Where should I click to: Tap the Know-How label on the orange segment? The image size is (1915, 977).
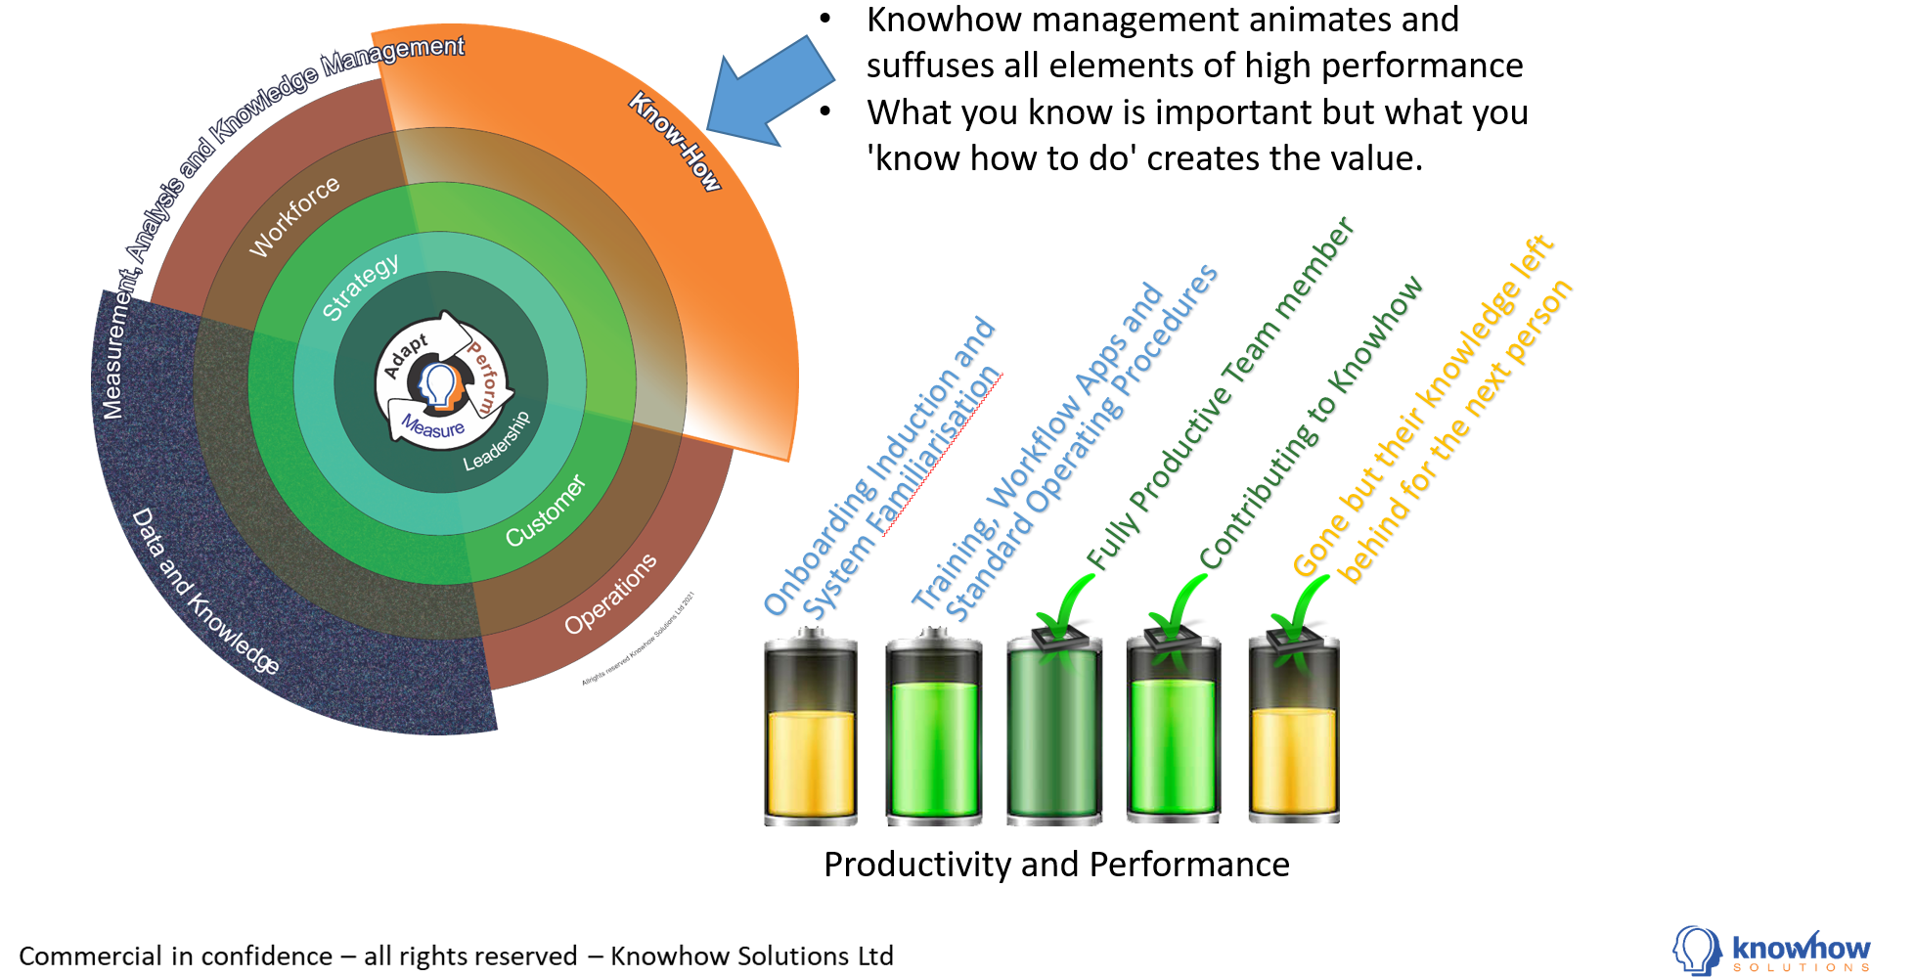[675, 142]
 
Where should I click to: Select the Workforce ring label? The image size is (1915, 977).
[294, 216]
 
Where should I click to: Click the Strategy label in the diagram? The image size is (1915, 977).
[361, 287]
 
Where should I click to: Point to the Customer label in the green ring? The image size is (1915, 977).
[546, 511]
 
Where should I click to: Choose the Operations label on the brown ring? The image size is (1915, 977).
[610, 594]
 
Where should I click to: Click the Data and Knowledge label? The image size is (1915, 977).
[204, 591]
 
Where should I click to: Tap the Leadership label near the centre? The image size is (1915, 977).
[497, 441]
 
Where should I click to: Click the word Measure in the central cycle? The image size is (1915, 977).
[433, 427]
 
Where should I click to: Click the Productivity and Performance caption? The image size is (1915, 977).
[1056, 865]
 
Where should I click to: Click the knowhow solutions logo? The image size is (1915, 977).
[1771, 952]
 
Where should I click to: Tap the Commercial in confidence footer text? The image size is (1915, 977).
[456, 955]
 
